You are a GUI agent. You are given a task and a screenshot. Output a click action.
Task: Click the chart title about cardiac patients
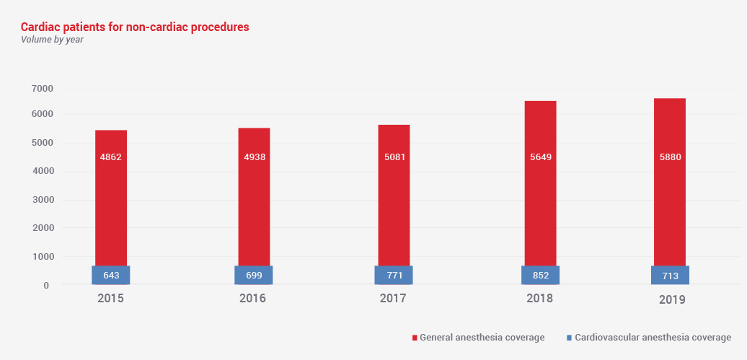(x=135, y=27)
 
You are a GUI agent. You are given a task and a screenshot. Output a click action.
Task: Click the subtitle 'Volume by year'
(x=52, y=40)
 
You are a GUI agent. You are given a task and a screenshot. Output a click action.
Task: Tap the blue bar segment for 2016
(x=253, y=275)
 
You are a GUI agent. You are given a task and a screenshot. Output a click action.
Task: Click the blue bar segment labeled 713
(x=670, y=275)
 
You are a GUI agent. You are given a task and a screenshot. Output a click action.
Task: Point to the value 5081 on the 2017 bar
(x=394, y=157)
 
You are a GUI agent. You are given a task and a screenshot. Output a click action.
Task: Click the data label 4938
(x=254, y=157)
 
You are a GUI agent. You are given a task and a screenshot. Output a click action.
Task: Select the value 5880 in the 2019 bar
(x=670, y=157)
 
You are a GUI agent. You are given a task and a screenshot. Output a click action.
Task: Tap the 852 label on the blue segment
(x=540, y=276)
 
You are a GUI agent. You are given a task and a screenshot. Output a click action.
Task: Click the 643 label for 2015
(x=110, y=276)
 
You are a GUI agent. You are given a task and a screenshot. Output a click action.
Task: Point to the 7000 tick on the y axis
(x=43, y=89)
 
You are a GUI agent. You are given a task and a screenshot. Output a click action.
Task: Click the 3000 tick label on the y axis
(x=43, y=200)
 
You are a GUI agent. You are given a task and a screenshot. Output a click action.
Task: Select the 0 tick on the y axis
(x=46, y=286)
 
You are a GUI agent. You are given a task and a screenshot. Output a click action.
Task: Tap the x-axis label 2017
(x=393, y=298)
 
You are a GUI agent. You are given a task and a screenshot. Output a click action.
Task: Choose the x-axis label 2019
(x=672, y=299)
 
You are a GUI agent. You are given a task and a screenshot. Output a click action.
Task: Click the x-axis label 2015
(x=110, y=298)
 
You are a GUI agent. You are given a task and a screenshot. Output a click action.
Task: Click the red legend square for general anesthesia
(x=415, y=338)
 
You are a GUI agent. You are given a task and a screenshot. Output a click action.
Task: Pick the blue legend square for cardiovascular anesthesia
(x=570, y=338)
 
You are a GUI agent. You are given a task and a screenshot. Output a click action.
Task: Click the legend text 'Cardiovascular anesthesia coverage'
(x=653, y=338)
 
